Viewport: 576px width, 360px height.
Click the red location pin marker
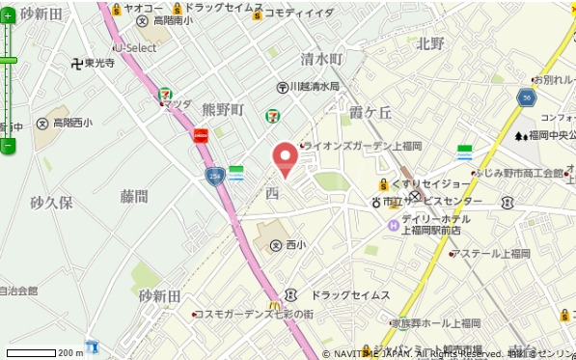tap(285, 157)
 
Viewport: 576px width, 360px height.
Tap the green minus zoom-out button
tap(8, 146)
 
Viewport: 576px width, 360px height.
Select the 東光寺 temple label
tap(93, 64)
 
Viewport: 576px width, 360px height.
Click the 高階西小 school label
tap(66, 124)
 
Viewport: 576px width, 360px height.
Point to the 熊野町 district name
tap(223, 110)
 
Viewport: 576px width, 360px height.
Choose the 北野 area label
tap(430, 43)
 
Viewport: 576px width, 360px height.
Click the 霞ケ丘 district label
tap(370, 112)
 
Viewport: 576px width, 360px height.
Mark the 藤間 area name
tap(134, 197)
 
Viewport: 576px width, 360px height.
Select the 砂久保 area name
tap(50, 204)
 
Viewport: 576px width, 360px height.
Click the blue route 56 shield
tap(526, 97)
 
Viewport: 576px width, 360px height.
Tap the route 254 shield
tap(213, 175)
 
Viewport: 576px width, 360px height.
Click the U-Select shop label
tap(135, 47)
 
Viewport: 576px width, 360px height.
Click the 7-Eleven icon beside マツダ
tap(165, 95)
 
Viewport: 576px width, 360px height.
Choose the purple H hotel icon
tap(393, 226)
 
